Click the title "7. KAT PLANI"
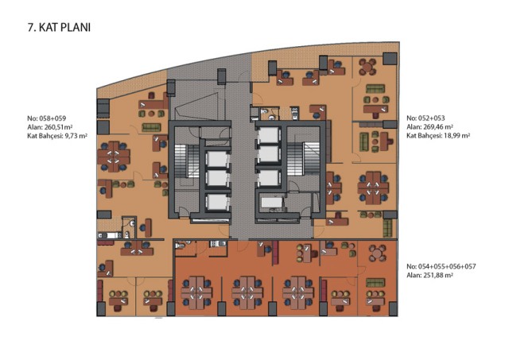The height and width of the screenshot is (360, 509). (x=59, y=28)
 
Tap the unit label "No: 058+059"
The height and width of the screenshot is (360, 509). (x=46, y=118)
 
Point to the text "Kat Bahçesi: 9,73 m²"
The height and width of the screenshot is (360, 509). (x=57, y=136)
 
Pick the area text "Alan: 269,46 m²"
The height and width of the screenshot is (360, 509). (x=429, y=127)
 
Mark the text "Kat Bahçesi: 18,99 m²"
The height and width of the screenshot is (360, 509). (x=438, y=136)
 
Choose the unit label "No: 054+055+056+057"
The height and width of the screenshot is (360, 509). (x=441, y=266)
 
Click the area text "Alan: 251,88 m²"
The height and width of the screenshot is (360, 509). (x=429, y=275)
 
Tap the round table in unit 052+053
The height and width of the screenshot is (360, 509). (x=367, y=67)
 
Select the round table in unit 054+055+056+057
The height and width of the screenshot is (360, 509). (x=376, y=253)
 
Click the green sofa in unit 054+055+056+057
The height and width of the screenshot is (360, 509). (x=375, y=282)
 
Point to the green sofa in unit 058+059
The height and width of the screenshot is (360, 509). (x=151, y=127)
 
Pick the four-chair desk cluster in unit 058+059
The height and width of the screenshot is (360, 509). (x=113, y=157)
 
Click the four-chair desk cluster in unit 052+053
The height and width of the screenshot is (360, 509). (x=373, y=188)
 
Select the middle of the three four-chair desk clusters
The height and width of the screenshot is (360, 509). (x=247, y=292)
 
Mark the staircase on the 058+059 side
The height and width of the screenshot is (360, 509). (x=187, y=161)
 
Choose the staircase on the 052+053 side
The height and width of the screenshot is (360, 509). (x=299, y=159)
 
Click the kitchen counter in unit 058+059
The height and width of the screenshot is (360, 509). (x=110, y=234)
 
